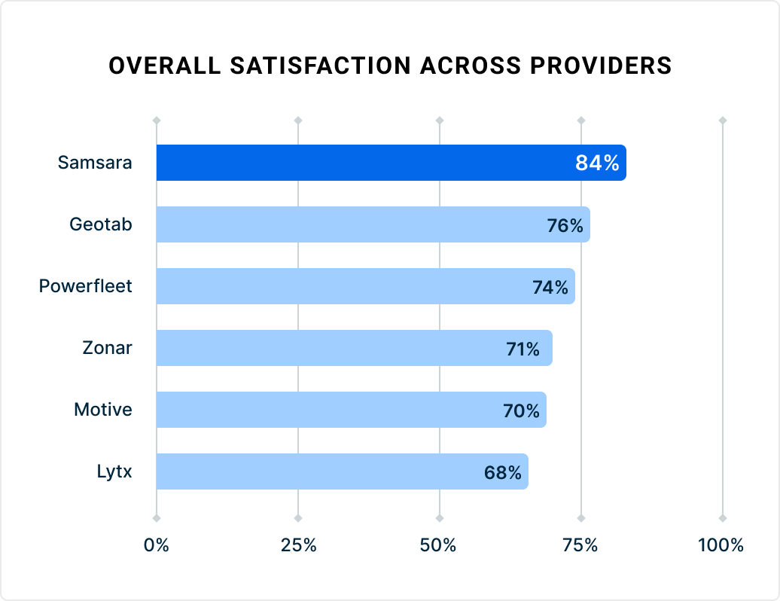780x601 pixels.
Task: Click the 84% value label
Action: click(x=596, y=163)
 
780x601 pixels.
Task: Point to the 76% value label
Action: click(x=565, y=225)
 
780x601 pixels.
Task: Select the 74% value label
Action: click(x=550, y=287)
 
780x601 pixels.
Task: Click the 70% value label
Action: click(x=521, y=410)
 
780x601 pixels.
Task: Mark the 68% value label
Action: click(x=502, y=472)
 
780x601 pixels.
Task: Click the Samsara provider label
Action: click(x=95, y=163)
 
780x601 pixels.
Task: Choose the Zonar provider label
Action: click(x=107, y=348)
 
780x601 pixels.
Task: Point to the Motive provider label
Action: click(x=102, y=410)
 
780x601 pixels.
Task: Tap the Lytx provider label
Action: click(x=114, y=471)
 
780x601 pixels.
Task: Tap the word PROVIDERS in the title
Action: click(x=599, y=66)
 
